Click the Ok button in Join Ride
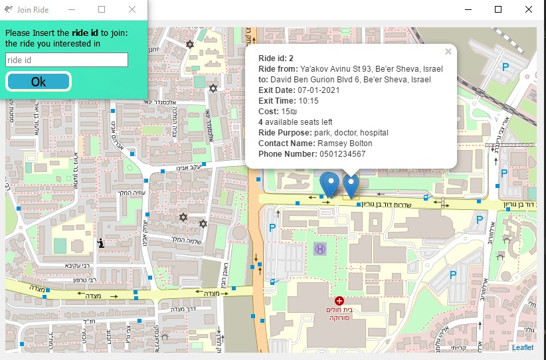tap(39, 82)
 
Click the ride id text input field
tap(66, 60)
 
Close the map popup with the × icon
tap(448, 52)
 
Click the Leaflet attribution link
tap(522, 347)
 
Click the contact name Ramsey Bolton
tap(345, 143)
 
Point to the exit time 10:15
tap(308, 101)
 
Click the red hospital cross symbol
tap(340, 301)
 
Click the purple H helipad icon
tap(320, 248)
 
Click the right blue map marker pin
tap(350, 183)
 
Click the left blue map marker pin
tap(329, 183)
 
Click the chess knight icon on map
tap(100, 243)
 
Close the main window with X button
tap(528, 9)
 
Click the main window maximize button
tap(498, 9)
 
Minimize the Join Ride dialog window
tap(71, 9)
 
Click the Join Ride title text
tap(33, 10)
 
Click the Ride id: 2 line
tap(276, 58)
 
